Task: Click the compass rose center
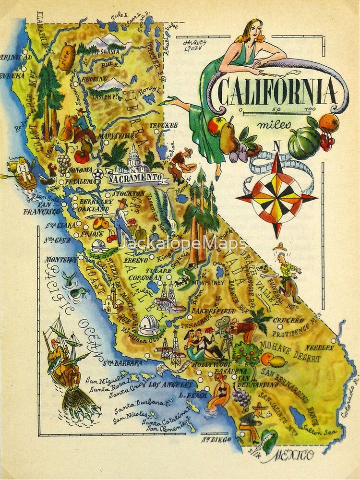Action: click(277, 197)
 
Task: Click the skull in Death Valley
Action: click(263, 267)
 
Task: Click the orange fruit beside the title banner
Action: click(329, 123)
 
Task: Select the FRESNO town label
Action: click(136, 259)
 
